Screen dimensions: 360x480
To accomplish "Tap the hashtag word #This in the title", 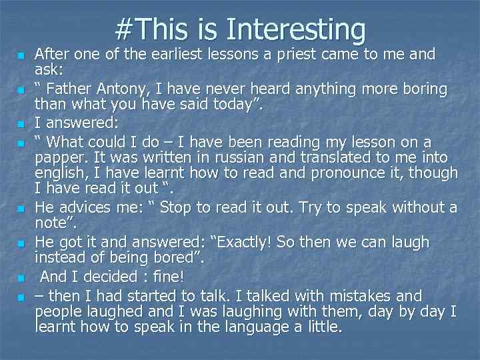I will click(x=154, y=29).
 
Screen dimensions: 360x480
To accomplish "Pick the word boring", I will click(x=423, y=89).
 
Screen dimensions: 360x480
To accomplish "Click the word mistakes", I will click(x=349, y=295).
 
